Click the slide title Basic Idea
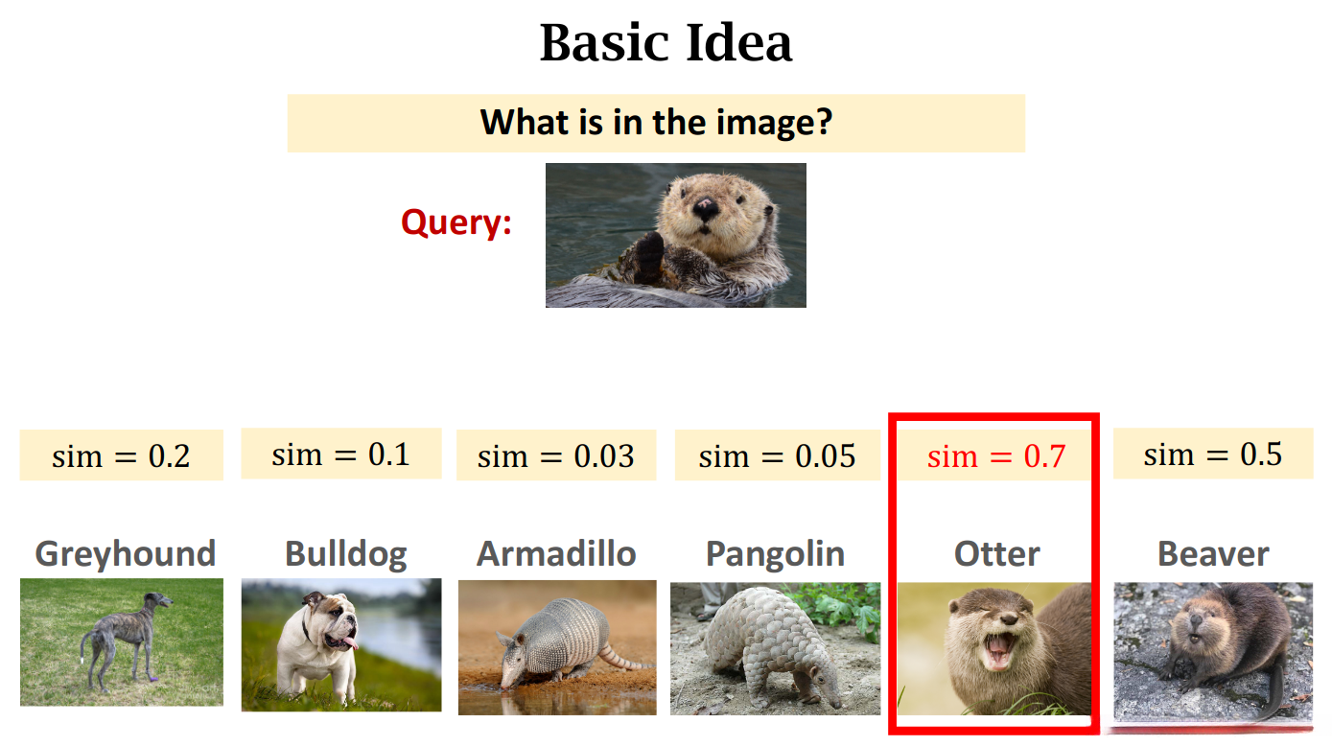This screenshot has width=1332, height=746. [x=666, y=43]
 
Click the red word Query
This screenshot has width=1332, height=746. [x=456, y=223]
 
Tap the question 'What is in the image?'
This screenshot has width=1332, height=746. [x=656, y=123]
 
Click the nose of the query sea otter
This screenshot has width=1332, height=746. [x=705, y=207]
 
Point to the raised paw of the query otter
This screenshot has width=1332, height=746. [x=649, y=257]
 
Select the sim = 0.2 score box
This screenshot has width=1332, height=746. [x=121, y=455]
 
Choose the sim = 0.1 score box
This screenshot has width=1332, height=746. [x=341, y=454]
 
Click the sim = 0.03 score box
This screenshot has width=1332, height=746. [x=556, y=455]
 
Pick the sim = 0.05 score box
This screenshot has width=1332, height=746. [x=777, y=455]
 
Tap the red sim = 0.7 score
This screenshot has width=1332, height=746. [x=996, y=455]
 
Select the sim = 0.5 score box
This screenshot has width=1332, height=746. [x=1213, y=454]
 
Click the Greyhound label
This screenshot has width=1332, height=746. [x=126, y=554]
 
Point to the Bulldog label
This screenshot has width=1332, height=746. [x=346, y=554]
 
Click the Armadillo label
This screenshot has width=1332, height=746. [x=556, y=554]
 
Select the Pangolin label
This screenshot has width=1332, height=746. [x=776, y=554]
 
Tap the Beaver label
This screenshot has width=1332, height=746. [x=1214, y=554]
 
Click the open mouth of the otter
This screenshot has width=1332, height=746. [x=998, y=651]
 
